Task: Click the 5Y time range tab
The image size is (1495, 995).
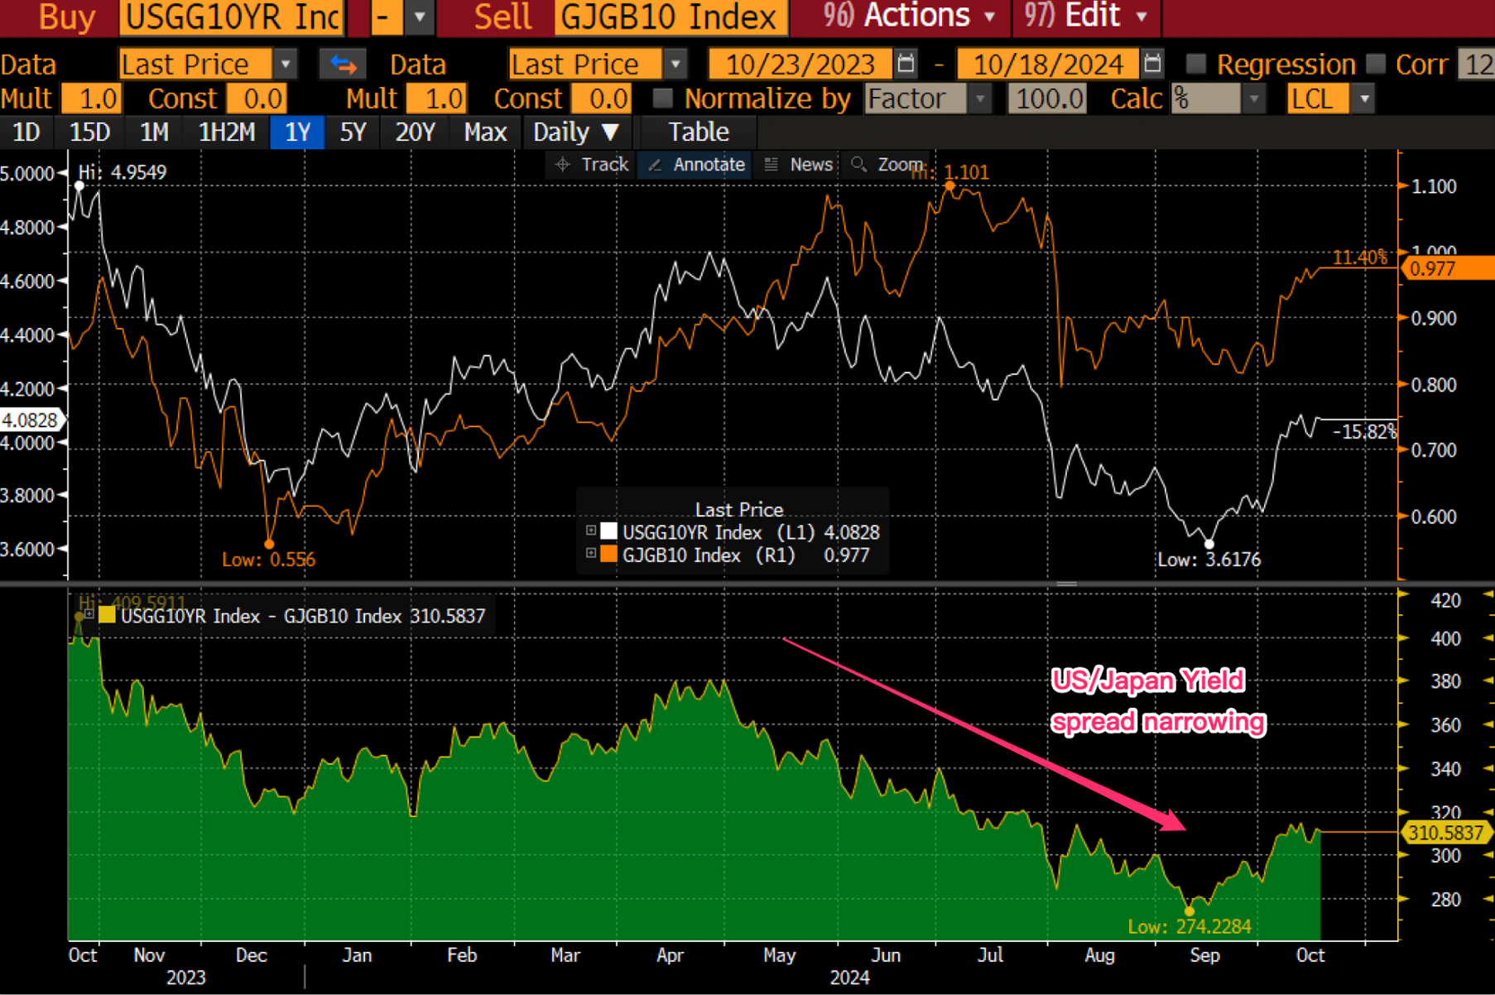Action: pos(353,132)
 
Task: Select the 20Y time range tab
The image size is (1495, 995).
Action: pos(414,132)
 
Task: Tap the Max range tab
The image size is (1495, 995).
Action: pos(485,132)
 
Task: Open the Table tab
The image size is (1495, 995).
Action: pos(698,132)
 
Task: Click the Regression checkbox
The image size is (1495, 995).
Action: pos(1196,64)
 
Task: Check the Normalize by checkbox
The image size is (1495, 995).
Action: pos(662,99)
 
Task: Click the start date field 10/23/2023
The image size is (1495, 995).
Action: pos(800,64)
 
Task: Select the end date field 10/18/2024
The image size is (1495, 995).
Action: pos(1047,64)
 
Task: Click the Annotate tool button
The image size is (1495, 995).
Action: pos(697,165)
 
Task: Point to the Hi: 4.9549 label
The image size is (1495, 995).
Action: pos(122,172)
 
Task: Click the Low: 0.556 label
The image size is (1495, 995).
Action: pos(268,560)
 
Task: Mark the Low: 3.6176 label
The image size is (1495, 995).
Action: pos(1209,560)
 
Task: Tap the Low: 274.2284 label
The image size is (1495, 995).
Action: pos(1190,926)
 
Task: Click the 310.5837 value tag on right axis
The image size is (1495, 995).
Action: pos(1445,833)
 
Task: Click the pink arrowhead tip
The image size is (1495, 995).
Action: pos(1184,829)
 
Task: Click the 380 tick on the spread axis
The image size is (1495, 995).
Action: pos(1445,681)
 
